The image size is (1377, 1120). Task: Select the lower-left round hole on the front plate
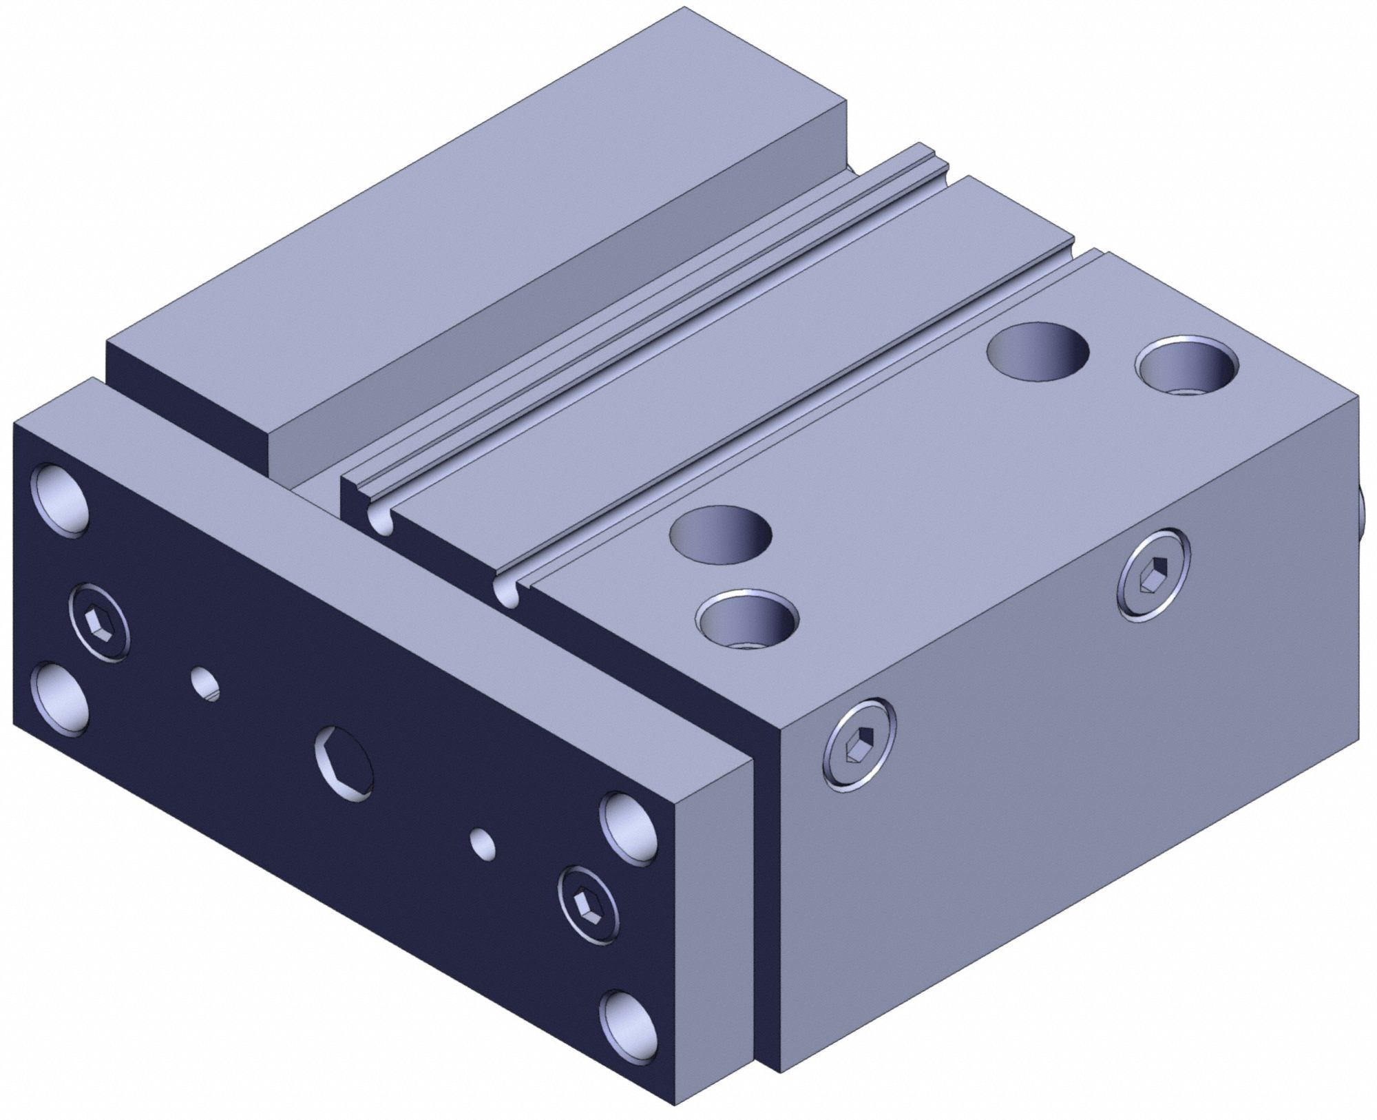click(x=61, y=696)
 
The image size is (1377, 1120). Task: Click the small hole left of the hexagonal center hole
click(x=205, y=683)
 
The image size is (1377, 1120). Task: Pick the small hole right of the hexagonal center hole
click(x=483, y=844)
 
